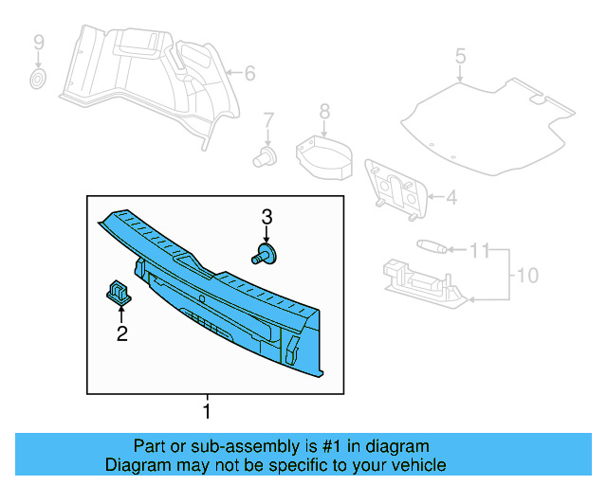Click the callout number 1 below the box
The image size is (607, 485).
pos(207,412)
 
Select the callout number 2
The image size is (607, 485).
pos(121,332)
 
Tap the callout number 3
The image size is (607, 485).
pos(267,216)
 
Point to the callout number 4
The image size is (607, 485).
pos(451,198)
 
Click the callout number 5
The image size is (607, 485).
pos(460,56)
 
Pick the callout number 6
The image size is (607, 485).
pos(250,73)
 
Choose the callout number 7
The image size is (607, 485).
pos(268,119)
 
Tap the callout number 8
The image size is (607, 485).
pos(324,112)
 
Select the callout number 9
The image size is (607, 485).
pos(39,42)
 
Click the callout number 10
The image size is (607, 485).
pos(526,276)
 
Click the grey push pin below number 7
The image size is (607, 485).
pos(266,155)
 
